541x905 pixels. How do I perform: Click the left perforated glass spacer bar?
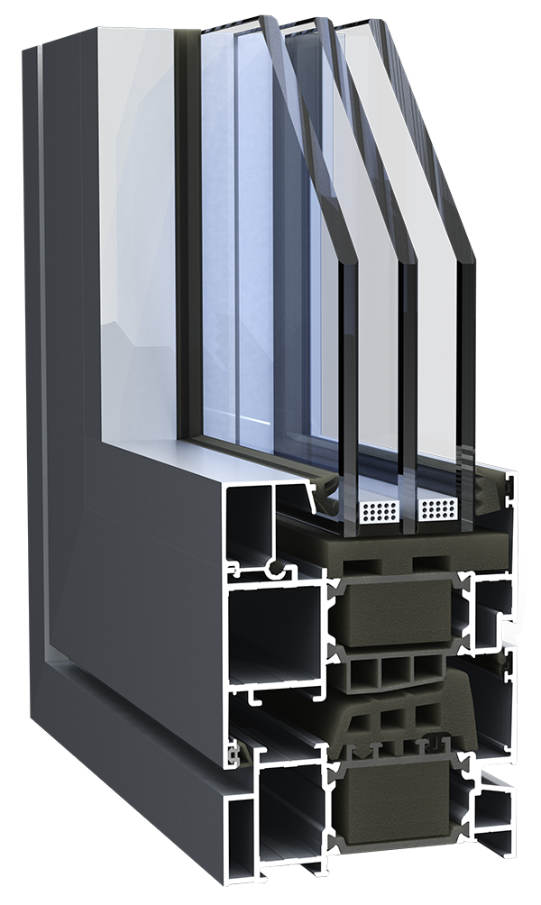coord(379,512)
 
